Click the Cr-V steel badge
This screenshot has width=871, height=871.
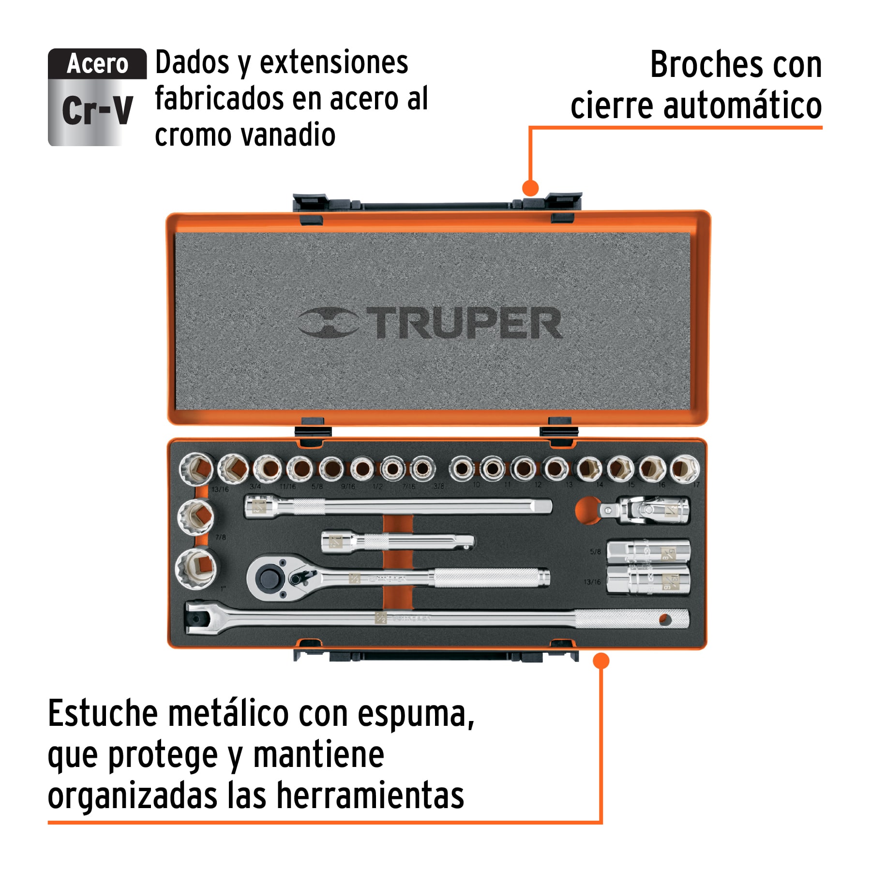pos(97,97)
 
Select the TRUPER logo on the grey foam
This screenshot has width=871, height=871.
pos(430,323)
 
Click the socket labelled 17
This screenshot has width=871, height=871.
pos(684,468)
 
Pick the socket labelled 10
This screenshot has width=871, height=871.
pos(462,468)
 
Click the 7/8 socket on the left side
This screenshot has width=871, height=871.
pos(196,517)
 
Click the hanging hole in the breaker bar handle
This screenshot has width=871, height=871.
pos(665,619)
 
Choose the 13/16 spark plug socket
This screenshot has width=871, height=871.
pos(648,580)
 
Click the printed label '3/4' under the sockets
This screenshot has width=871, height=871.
pos(255,486)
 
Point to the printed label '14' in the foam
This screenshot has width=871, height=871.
pos(600,484)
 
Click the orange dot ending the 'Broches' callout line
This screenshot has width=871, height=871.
pos(531,188)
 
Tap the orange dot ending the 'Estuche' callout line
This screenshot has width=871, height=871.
pos(601,661)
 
